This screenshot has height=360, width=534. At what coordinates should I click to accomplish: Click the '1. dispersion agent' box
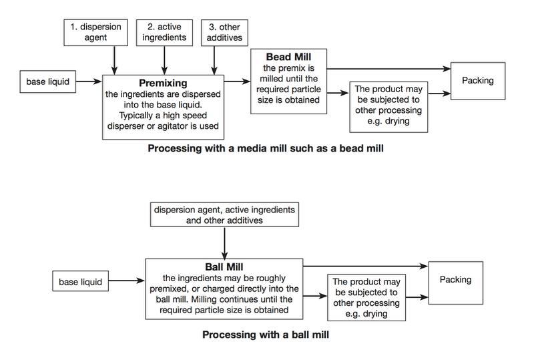coord(95,32)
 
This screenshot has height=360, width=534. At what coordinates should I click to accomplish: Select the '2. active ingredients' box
coord(164,32)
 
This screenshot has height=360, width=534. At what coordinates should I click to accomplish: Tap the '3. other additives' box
coord(224,33)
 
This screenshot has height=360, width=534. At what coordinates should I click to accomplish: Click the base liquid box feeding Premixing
coord(47,81)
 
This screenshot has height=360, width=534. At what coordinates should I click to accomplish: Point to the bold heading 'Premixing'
coord(163,83)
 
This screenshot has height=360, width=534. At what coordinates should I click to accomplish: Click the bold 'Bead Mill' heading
coord(288,57)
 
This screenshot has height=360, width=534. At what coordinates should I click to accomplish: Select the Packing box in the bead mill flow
coord(478,81)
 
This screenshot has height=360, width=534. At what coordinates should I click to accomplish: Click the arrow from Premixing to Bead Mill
coord(237,81)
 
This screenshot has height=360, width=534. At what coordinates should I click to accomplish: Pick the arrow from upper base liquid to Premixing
coord(89,81)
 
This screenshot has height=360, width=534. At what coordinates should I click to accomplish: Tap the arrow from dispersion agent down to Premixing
coord(114,60)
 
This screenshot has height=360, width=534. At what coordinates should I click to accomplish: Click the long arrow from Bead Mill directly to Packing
coord(388,69)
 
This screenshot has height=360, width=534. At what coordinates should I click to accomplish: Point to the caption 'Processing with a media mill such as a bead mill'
coord(266,148)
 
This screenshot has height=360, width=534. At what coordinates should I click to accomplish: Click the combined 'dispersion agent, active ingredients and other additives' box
coord(224,214)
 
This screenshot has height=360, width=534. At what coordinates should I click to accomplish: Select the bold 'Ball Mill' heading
coord(224,266)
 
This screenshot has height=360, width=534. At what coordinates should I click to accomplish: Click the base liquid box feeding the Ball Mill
coord(80,281)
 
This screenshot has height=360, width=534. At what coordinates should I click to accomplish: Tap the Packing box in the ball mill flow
coord(456,283)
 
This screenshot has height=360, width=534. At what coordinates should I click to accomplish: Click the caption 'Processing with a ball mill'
coord(266,335)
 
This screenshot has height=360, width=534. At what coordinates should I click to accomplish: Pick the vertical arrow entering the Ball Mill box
coord(224,243)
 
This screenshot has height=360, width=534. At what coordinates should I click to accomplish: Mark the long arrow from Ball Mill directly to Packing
coord(366,266)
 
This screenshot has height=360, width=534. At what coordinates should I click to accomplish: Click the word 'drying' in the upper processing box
coord(396,121)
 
